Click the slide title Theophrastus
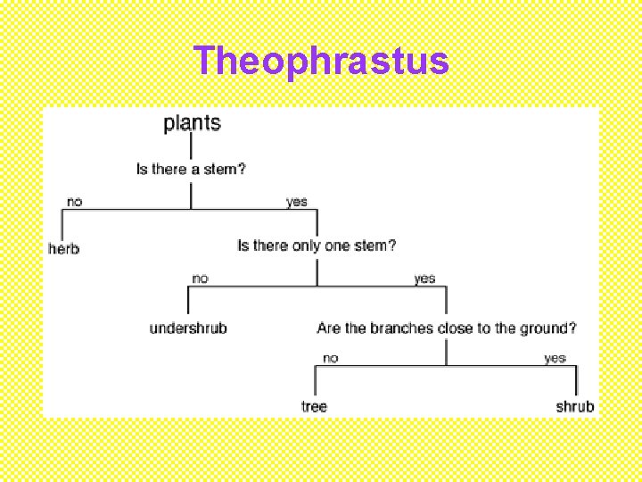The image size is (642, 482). (321, 61)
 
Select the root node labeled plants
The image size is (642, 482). (192, 123)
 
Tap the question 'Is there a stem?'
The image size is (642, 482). (191, 169)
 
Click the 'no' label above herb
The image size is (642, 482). (74, 202)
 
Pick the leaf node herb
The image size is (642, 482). (63, 248)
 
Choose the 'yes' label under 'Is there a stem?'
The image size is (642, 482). (297, 202)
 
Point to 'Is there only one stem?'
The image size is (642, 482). (317, 245)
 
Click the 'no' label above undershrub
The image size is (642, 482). (200, 278)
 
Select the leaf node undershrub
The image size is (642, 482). (188, 328)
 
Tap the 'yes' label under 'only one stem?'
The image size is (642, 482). (424, 278)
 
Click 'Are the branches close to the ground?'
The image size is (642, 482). (447, 328)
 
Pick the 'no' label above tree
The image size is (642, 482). (330, 358)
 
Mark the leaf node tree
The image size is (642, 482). (314, 406)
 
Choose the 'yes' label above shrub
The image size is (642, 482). (555, 358)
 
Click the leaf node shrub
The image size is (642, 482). (574, 406)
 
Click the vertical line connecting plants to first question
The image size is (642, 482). (191, 146)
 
